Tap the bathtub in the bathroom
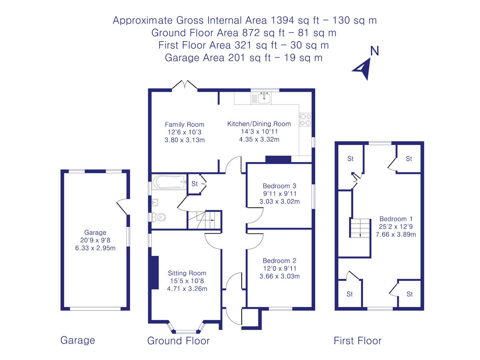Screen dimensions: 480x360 point(169,182)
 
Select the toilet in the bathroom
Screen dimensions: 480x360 point(158,217)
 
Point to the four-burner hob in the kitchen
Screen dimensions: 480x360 point(305,120)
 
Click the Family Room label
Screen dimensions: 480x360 point(184,124)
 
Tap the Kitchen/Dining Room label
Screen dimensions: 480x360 point(259,124)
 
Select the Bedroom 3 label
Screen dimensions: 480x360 point(279,186)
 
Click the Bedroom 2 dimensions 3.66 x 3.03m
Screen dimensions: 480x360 point(279,276)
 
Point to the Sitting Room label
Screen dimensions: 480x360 point(187,273)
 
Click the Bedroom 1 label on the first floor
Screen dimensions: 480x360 point(396,218)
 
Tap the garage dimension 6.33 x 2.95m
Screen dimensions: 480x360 point(95,248)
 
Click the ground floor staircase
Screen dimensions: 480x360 point(204,220)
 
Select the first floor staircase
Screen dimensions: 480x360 point(360,228)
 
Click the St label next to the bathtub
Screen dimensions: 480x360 point(194,184)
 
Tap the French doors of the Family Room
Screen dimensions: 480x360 point(185,85)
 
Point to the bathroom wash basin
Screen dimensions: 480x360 point(155,202)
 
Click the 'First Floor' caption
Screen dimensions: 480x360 point(358,340)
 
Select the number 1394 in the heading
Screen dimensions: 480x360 point(282,20)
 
